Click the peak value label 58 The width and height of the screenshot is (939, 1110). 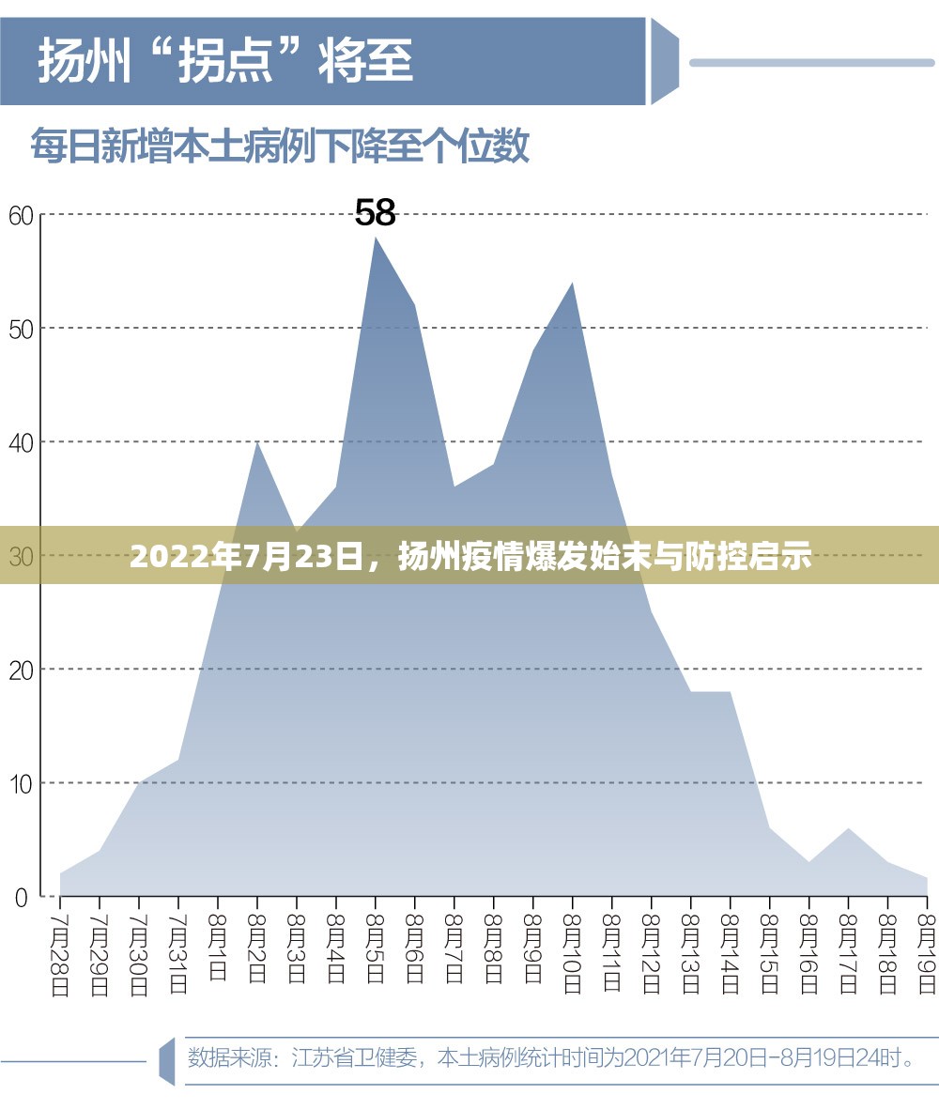(x=376, y=213)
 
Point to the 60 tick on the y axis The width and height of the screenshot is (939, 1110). (x=22, y=215)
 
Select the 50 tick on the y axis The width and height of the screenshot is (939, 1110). (x=22, y=329)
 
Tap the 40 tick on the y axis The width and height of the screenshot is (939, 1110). (x=22, y=442)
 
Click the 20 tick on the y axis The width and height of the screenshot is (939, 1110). (x=22, y=670)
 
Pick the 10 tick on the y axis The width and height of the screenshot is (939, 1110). (x=22, y=783)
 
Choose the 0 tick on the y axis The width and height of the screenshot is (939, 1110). (x=22, y=897)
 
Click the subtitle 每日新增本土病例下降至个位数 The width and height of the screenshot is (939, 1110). (x=280, y=147)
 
